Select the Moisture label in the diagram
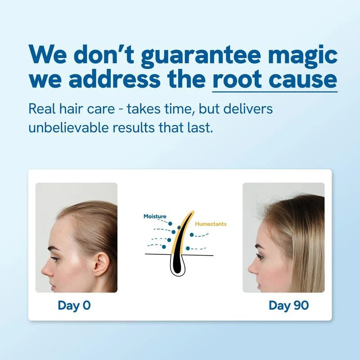[155, 216]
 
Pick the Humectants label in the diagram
[211, 224]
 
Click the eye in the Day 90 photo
[260, 256]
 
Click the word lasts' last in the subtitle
[200, 127]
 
